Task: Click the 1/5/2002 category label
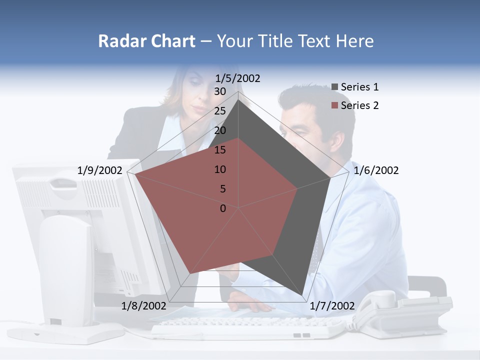click(237, 78)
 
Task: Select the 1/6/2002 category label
click(376, 170)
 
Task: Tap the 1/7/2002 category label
click(332, 306)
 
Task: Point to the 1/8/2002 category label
click(143, 306)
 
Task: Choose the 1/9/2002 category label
click(100, 170)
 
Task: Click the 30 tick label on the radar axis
click(220, 91)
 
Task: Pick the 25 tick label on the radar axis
click(220, 111)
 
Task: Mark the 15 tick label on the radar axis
click(220, 150)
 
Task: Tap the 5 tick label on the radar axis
click(223, 189)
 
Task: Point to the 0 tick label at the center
click(223, 208)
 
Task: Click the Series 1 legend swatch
click(335, 87)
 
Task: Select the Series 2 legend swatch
click(335, 105)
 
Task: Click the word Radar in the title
click(118, 41)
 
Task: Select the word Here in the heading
click(354, 41)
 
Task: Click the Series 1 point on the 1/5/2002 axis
click(238, 100)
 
